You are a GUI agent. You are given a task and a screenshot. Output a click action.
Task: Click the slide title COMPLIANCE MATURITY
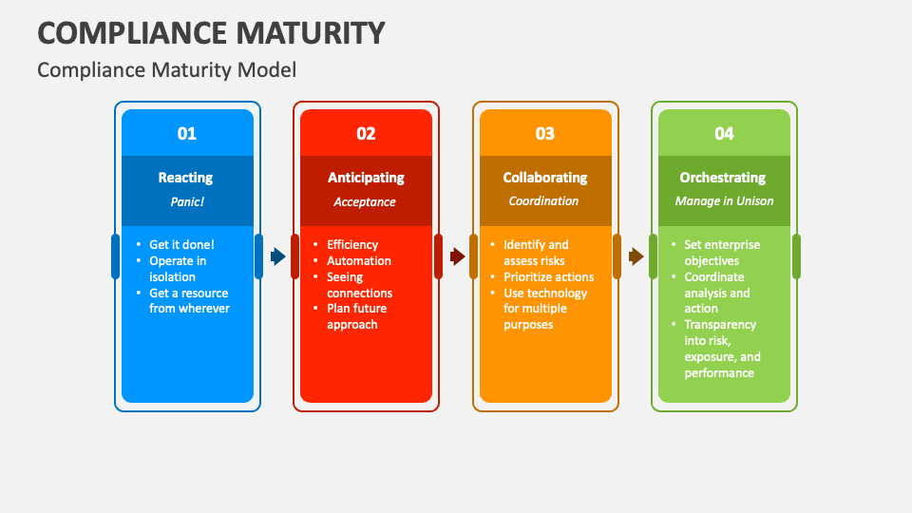[x=211, y=33]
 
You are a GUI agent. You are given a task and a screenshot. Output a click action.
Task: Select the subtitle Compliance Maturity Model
[x=167, y=70]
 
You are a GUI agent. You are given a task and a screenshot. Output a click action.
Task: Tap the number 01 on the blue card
[x=187, y=134]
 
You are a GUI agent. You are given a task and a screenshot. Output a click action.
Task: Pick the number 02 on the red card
[x=366, y=134]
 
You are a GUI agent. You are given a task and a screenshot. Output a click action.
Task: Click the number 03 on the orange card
[x=545, y=134]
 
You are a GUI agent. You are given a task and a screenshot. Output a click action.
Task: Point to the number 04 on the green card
[x=724, y=134]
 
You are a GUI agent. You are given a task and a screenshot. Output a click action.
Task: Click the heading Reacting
[x=185, y=178]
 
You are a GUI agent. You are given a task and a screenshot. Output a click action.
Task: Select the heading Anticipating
[x=366, y=178]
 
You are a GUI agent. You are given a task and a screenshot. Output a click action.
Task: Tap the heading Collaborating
[x=545, y=178]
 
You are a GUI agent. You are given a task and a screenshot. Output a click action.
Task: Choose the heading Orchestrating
[x=723, y=178]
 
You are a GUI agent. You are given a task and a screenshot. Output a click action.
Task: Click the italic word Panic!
[x=187, y=201]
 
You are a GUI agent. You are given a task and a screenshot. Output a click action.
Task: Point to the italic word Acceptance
[x=365, y=202]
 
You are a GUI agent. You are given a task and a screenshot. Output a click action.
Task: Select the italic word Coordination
[x=543, y=201]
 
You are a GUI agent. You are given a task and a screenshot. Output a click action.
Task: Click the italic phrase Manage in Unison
[x=724, y=201]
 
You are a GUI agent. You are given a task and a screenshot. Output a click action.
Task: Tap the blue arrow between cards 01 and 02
[x=278, y=256]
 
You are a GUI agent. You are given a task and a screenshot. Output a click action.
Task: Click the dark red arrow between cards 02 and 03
[x=457, y=256]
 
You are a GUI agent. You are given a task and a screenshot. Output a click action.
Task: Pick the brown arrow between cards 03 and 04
[x=636, y=256]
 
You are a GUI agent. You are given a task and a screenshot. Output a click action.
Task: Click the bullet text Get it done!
[x=182, y=245]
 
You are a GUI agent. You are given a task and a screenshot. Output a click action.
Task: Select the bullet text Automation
[x=359, y=261]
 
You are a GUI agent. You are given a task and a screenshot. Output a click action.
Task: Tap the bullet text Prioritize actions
[x=548, y=277]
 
